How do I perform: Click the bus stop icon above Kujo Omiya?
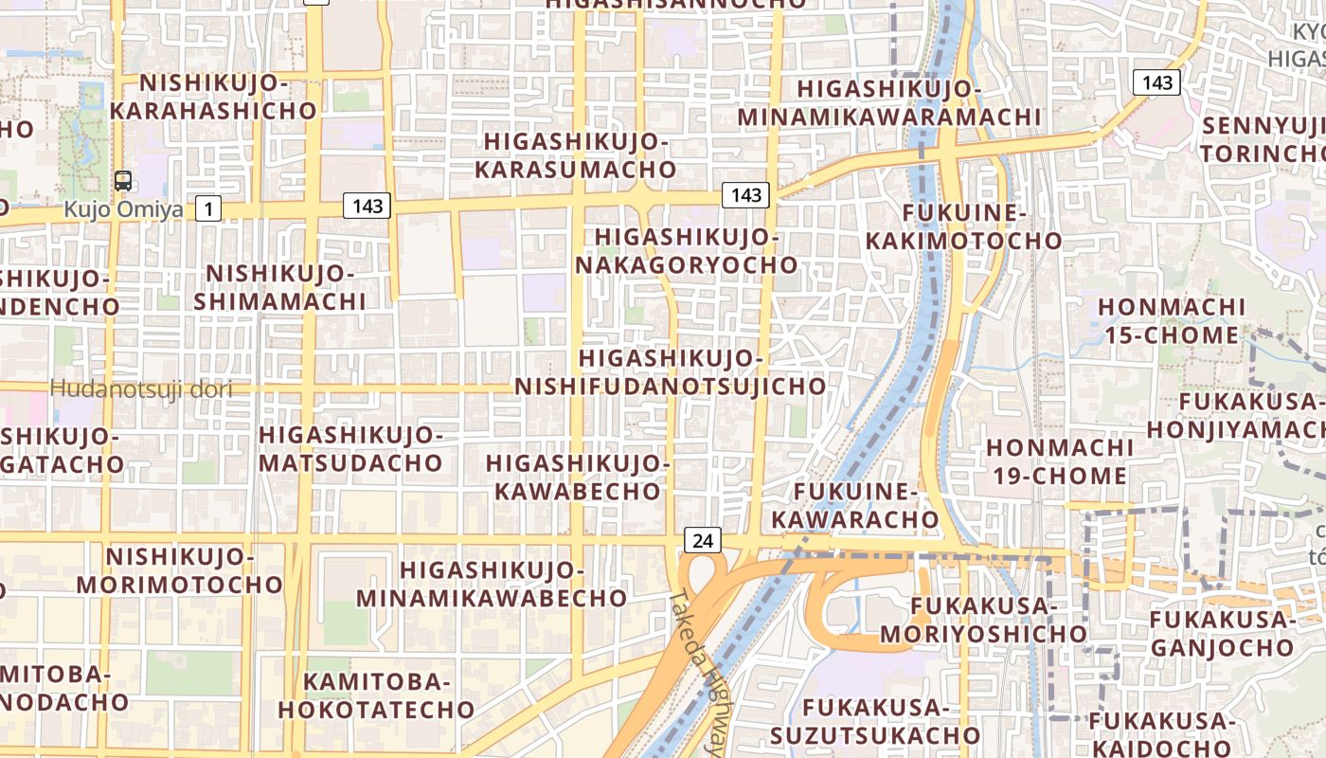point(123,181)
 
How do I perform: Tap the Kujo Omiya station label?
point(123,209)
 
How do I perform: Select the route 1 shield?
point(208,208)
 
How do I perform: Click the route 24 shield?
point(702,541)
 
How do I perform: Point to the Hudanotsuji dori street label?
point(141,388)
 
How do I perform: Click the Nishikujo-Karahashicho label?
point(213,97)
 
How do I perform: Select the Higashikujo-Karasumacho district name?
point(576,155)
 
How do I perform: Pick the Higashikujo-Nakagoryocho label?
point(687,251)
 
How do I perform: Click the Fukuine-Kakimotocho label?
point(964,226)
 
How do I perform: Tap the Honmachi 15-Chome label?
point(1172,321)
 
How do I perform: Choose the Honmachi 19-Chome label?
point(1059,460)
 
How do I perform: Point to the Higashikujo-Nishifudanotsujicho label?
point(671,372)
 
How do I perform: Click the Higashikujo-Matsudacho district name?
point(350,449)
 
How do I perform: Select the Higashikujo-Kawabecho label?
point(578,478)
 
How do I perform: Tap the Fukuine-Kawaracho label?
point(855,506)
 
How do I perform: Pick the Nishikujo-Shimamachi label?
point(280,288)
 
